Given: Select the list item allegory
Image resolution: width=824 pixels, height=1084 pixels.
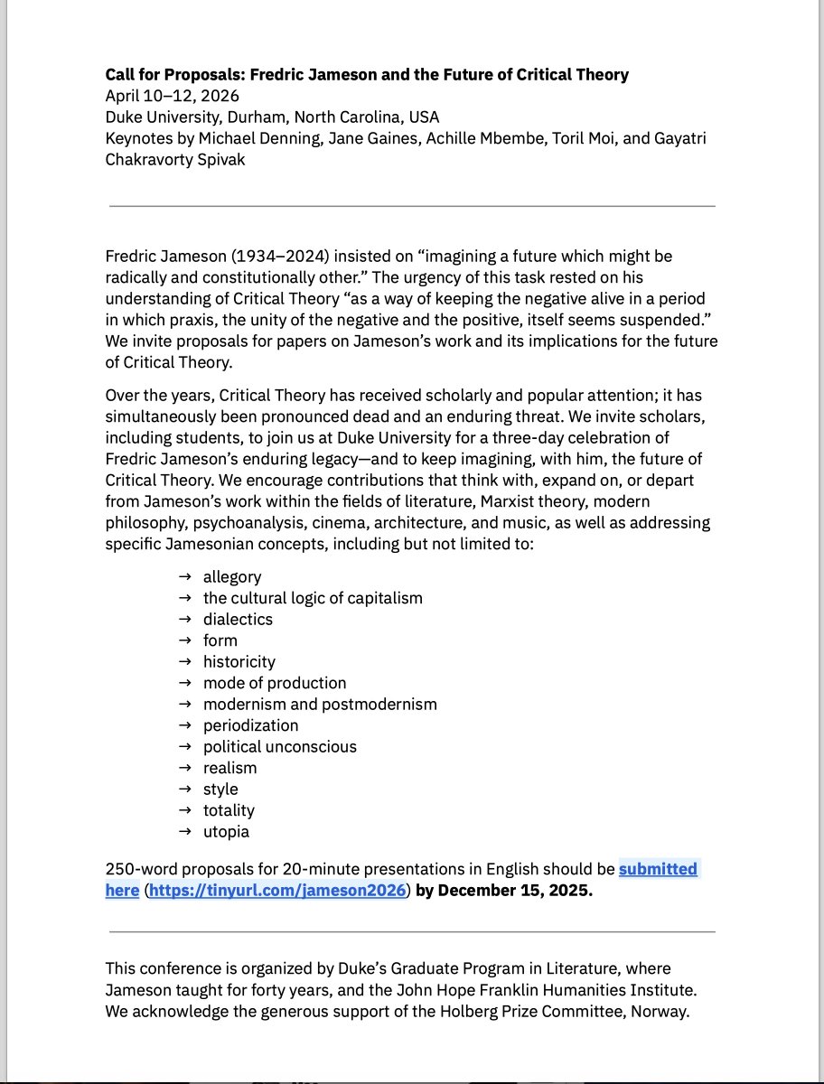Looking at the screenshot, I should [232, 576].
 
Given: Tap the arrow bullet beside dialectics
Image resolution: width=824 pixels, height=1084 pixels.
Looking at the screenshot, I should [184, 619].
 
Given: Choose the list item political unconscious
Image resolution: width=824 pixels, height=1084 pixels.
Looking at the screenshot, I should [279, 746].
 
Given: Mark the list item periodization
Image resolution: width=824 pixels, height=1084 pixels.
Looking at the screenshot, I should [250, 725].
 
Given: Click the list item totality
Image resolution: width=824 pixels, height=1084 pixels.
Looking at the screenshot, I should [229, 810].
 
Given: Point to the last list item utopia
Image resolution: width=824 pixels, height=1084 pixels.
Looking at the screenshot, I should [226, 831].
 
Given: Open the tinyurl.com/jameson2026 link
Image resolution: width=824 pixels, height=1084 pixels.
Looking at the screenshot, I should [277, 891].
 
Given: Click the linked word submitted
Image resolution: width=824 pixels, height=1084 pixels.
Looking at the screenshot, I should [658, 869].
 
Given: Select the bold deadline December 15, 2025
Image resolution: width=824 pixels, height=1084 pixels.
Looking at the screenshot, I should [515, 891].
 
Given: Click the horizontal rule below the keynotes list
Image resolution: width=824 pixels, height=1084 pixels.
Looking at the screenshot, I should [412, 206].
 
